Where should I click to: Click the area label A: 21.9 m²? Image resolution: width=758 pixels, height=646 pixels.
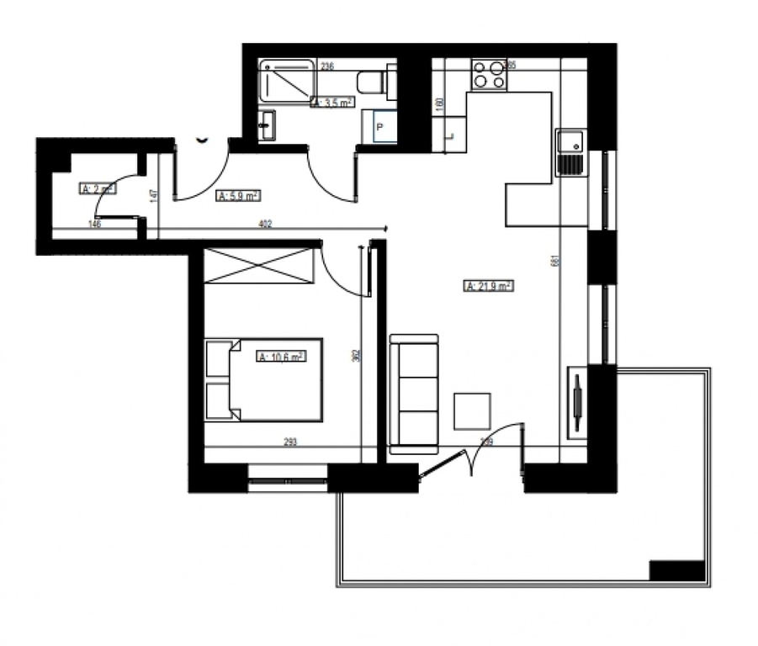489,286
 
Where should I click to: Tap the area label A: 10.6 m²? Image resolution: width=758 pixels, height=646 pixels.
281,356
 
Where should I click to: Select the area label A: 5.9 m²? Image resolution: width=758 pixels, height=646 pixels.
238,196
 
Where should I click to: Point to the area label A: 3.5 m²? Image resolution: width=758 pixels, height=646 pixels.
332,103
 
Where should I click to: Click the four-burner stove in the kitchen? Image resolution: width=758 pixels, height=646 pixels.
489,74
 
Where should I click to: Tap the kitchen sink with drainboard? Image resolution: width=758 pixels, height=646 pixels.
570,153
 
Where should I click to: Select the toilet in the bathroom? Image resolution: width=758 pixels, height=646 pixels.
371,82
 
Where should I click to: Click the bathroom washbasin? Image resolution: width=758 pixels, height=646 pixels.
268,126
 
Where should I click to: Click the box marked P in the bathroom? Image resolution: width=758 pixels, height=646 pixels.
379,127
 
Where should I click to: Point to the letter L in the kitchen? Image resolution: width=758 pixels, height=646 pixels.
451,134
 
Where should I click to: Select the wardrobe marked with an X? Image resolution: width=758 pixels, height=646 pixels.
258,266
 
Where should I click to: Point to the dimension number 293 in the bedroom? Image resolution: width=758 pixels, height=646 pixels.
291,441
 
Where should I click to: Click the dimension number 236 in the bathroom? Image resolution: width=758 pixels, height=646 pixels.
327,66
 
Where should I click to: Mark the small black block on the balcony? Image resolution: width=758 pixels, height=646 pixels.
676,570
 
